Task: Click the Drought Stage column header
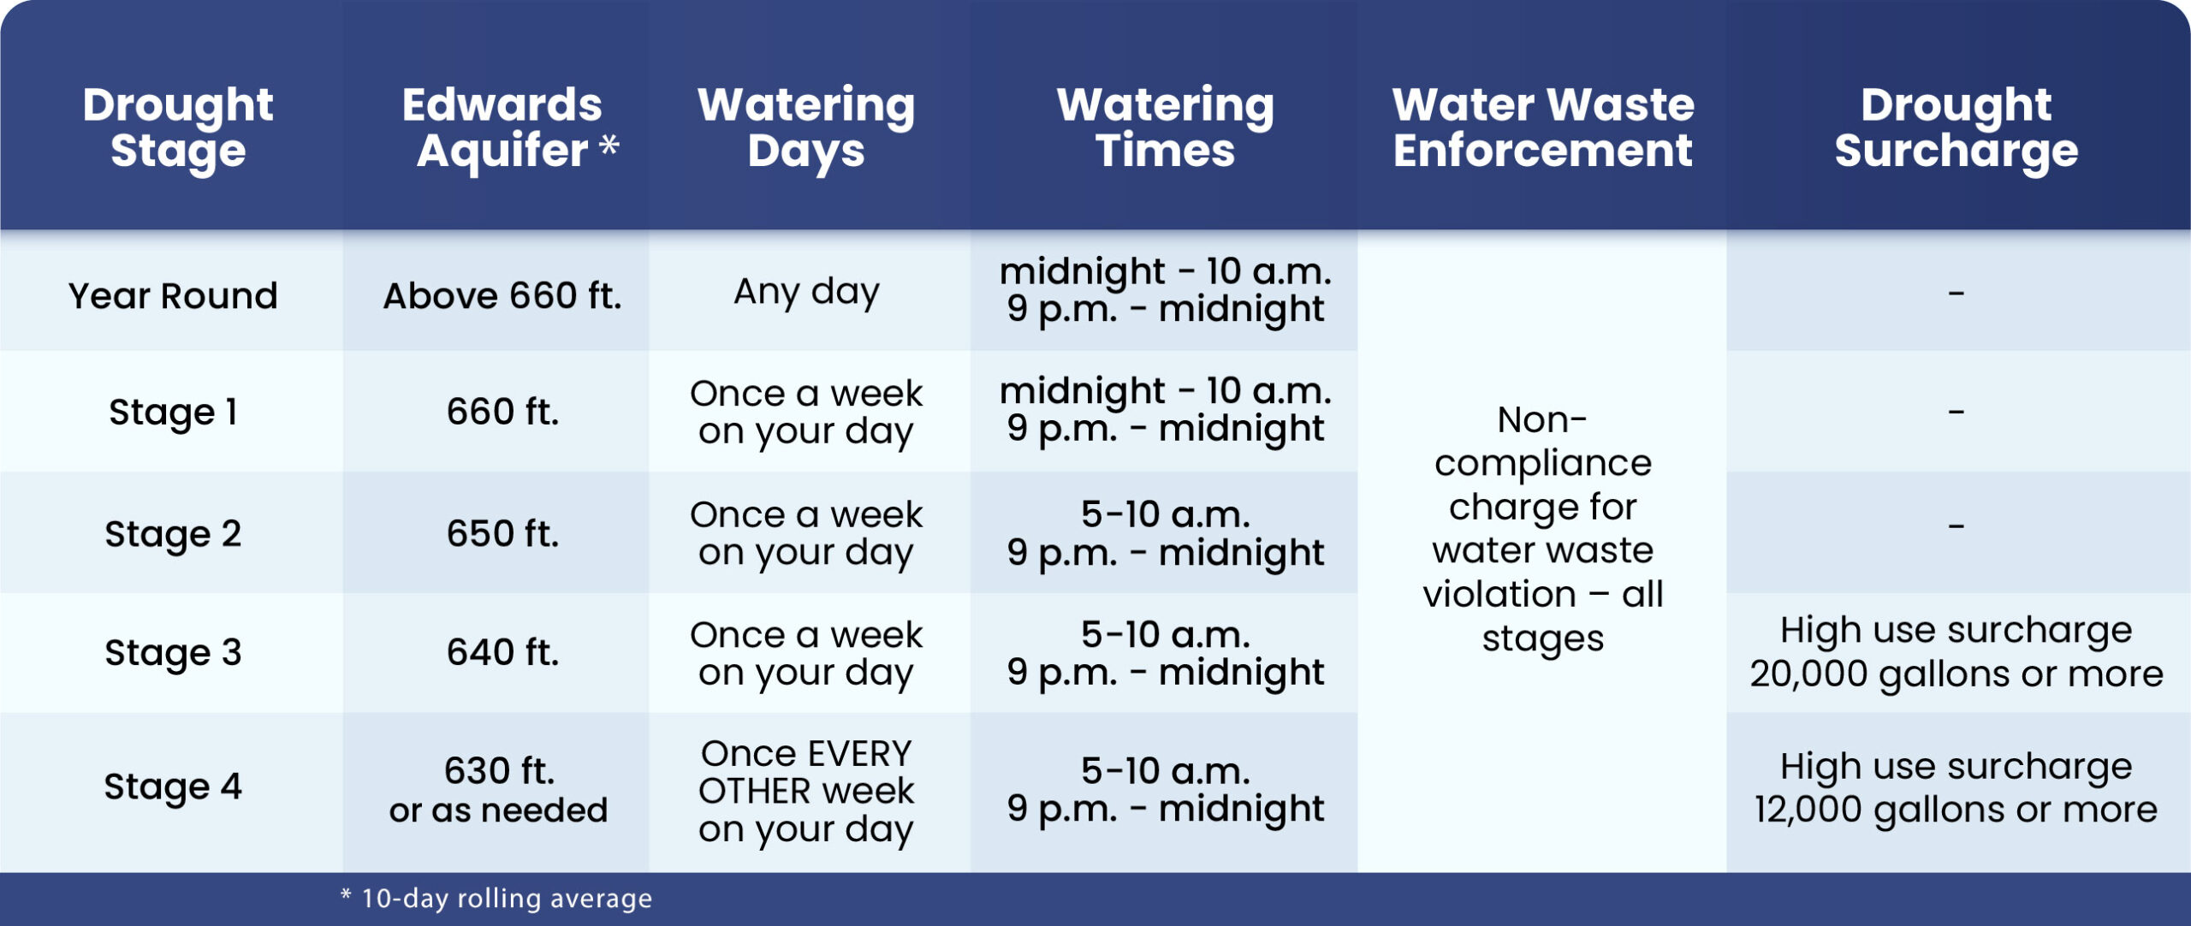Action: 178,127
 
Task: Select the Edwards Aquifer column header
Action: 510,127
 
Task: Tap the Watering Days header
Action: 806,127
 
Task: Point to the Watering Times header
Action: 1165,127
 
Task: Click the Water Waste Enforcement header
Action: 1543,127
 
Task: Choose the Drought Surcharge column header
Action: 1956,127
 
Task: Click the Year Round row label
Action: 173,295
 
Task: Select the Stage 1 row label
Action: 173,412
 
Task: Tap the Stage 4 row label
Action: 173,786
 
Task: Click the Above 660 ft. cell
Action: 502,295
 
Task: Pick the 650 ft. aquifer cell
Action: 502,532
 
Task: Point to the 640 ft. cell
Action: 502,651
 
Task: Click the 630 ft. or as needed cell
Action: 499,789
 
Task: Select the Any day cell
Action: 806,293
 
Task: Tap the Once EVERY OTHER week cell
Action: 806,792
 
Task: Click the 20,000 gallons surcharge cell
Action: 1956,652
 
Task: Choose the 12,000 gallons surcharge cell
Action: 1956,788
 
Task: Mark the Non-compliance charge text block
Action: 1543,529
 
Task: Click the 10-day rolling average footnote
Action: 496,898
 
